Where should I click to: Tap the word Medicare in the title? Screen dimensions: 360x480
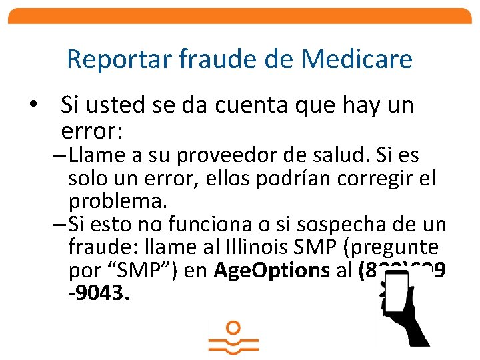pyautogui.click(x=357, y=59)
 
